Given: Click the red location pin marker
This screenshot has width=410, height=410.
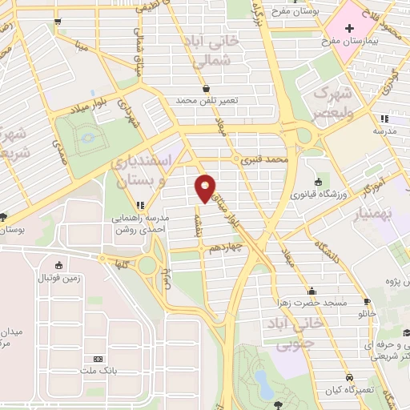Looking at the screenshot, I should click(205, 187).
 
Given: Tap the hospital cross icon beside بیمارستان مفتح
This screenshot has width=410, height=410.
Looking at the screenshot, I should click(349, 29).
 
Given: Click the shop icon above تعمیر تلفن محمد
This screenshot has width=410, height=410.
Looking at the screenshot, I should click(207, 89).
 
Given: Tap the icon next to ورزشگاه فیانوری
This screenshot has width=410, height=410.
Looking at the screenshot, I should click(319, 182).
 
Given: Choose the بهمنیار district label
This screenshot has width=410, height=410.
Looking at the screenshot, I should click(387, 211).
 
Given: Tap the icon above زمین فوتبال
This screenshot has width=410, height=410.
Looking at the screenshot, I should click(58, 266).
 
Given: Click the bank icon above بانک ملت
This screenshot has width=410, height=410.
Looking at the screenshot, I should click(98, 360).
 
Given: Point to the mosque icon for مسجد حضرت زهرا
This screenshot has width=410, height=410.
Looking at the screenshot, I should click(311, 291).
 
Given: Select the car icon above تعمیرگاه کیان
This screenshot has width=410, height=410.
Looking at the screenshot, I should click(349, 377).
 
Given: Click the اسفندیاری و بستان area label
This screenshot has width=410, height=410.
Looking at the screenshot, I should click(143, 171).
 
